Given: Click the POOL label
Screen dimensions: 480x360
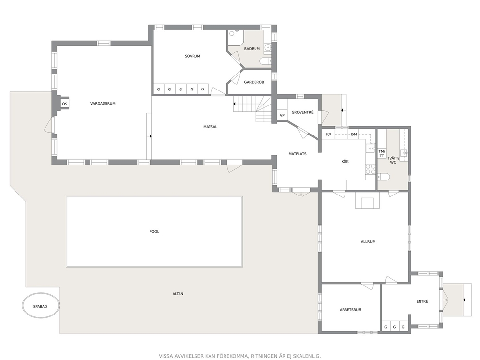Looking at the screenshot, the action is click(x=154, y=232).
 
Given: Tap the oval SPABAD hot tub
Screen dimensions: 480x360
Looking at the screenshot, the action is click(x=40, y=306).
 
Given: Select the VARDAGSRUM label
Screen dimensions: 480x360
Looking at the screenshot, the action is click(x=103, y=104).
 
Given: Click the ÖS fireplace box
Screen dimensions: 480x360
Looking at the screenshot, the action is click(x=64, y=104).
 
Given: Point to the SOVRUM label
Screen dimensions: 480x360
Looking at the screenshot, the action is click(x=193, y=56).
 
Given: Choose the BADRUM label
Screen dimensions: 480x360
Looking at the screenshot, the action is click(x=252, y=49).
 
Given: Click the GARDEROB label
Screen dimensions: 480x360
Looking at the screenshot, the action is click(x=254, y=82).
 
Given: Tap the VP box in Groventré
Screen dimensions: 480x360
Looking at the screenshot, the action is click(x=282, y=116).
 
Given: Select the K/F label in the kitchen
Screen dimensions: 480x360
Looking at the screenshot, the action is click(x=329, y=135).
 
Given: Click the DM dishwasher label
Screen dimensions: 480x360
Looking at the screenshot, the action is click(x=354, y=135).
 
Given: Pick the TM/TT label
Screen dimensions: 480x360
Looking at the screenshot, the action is click(x=382, y=154).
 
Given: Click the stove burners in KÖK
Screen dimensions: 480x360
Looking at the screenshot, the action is click(x=371, y=169).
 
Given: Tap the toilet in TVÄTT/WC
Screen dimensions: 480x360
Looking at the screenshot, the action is click(x=383, y=177).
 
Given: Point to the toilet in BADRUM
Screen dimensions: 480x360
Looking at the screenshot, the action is click(x=266, y=61).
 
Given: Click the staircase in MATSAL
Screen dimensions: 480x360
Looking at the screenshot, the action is click(x=253, y=109).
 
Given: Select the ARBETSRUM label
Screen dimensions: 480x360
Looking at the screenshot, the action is click(x=350, y=310).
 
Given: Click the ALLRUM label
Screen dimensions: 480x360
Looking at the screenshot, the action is click(x=368, y=242).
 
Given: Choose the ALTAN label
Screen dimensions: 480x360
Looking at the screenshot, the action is click(x=178, y=294).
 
